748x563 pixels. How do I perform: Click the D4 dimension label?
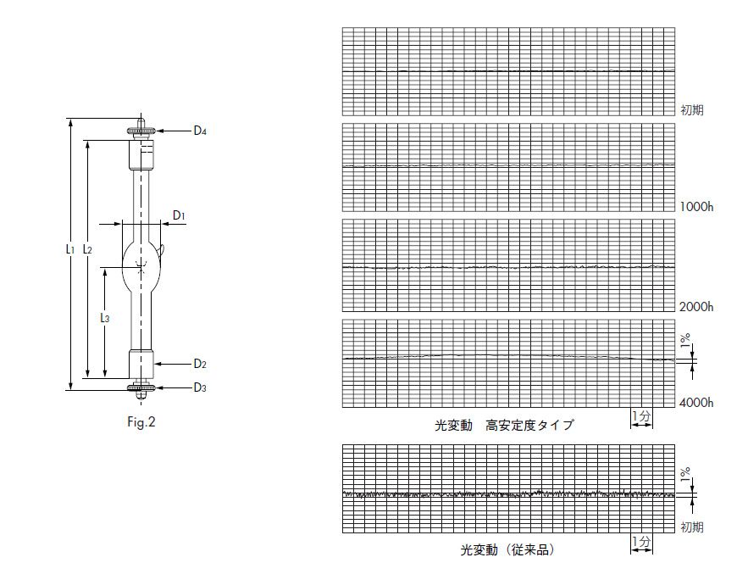[x=200, y=131]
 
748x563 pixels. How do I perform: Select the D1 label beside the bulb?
[x=179, y=215]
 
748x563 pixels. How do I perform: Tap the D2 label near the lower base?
[x=200, y=364]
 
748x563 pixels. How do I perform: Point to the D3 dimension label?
[x=200, y=387]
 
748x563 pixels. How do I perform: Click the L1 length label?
[x=69, y=249]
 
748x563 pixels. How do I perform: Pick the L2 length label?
[x=87, y=249]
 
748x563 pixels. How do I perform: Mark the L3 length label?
[x=104, y=318]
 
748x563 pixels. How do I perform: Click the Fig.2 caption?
[x=141, y=421]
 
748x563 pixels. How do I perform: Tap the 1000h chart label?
[x=696, y=207]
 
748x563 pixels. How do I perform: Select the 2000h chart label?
[x=696, y=306]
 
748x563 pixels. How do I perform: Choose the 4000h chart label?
[x=696, y=403]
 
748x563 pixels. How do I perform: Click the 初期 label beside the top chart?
[x=692, y=109]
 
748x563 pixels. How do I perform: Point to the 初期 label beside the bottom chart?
[x=692, y=527]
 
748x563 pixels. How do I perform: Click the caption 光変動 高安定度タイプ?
[x=504, y=425]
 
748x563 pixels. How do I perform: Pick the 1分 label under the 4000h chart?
[x=641, y=415]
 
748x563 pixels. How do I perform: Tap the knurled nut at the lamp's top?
[x=141, y=131]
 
